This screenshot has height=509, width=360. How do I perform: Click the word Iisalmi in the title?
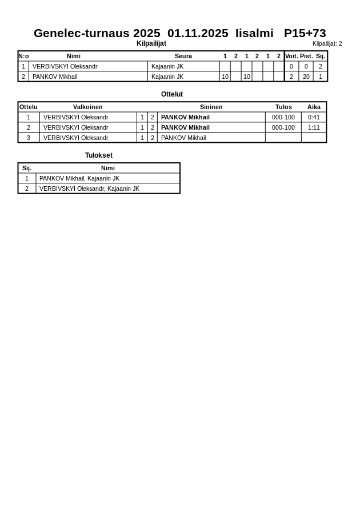254,33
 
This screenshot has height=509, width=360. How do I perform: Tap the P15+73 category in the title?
305,33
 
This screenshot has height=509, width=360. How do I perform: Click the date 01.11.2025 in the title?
198,33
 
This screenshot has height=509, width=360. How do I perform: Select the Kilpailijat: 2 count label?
327,44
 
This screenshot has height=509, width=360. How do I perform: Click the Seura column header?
183,56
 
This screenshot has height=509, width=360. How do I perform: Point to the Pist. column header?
306,56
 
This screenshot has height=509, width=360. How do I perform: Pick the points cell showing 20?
306,77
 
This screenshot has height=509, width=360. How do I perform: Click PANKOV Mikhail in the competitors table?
55,77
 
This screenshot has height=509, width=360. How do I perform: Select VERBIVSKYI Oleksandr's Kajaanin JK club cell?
167,66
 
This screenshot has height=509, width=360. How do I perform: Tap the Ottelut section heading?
172,94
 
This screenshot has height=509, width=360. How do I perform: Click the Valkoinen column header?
88,107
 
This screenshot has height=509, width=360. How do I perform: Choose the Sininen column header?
211,107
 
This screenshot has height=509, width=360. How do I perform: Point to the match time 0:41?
314,117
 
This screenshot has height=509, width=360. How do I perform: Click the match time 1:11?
314,127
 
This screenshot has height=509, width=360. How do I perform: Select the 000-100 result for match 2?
283,127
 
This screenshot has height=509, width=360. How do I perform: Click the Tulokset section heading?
99,155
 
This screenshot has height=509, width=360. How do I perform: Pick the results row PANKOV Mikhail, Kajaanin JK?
79,178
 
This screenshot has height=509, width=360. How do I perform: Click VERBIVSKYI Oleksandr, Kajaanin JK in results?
89,189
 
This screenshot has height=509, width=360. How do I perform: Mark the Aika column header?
314,107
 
